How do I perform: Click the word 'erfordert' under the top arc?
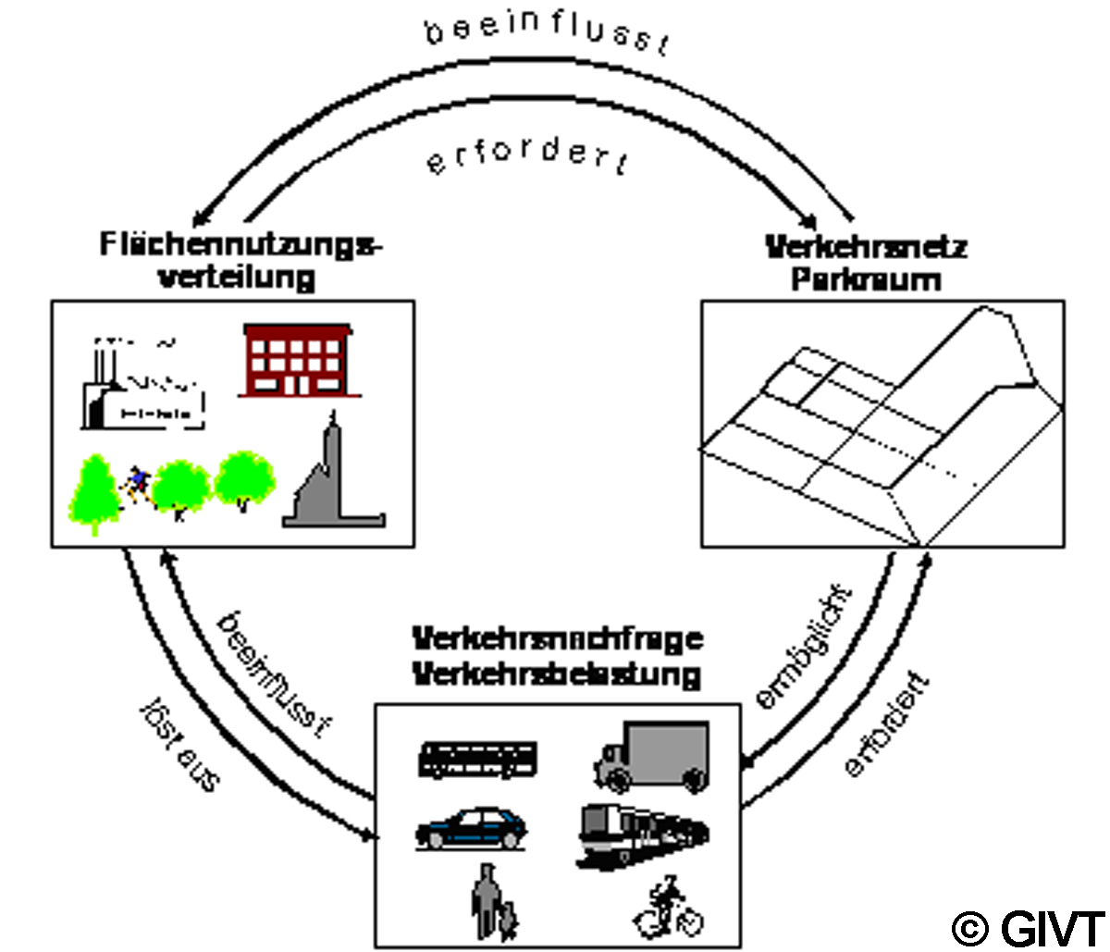click(527, 156)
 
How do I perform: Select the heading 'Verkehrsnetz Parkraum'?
click(866, 263)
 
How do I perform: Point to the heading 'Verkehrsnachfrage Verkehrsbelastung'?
click(557, 656)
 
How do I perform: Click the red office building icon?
click(295, 360)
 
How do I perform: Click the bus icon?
click(477, 760)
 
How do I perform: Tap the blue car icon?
click(472, 827)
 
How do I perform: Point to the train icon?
click(643, 834)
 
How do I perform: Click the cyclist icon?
click(668, 909)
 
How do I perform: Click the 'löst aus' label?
click(181, 744)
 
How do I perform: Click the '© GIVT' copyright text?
click(1028, 927)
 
